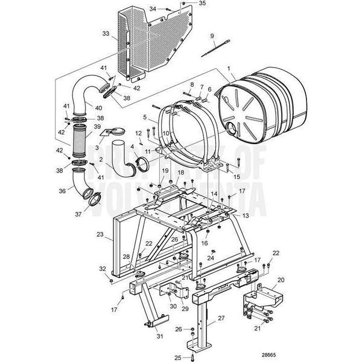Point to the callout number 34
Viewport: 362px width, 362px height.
pos(153,8)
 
